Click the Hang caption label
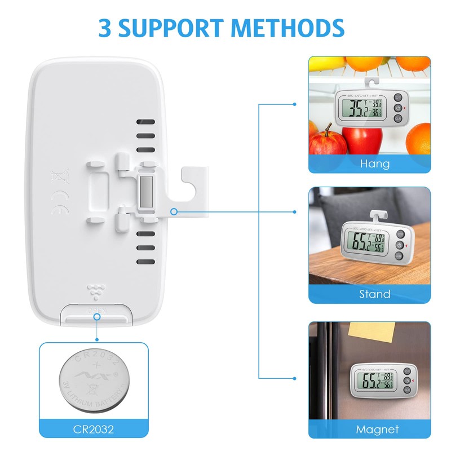(x=374, y=163)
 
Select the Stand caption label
(x=374, y=294)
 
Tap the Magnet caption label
(x=377, y=429)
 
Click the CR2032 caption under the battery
(x=94, y=430)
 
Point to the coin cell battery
(x=94, y=378)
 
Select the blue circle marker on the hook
(x=174, y=212)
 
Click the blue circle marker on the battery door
(x=97, y=317)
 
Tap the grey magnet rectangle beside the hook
(x=146, y=192)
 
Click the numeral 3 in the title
(x=107, y=27)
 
